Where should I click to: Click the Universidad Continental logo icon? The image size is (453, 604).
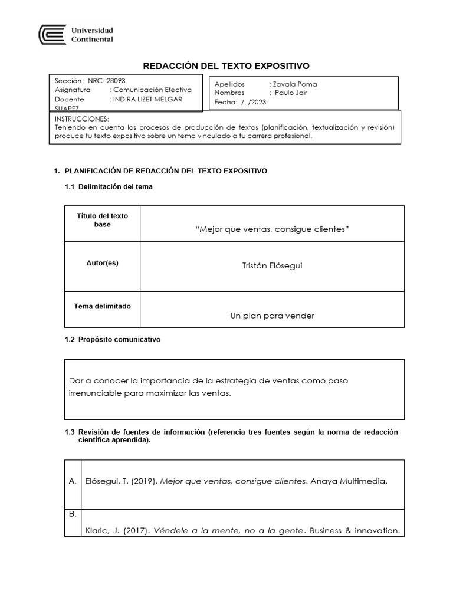[x=51, y=34]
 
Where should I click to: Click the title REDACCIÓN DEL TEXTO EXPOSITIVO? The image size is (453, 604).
[x=227, y=66]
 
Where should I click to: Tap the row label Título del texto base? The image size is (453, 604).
[x=102, y=220]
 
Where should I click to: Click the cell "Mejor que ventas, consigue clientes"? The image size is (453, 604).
[x=272, y=229]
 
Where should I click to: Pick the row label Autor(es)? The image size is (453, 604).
[x=102, y=263]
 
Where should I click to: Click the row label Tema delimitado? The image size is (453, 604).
[x=102, y=306]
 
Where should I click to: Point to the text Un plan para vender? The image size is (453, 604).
[x=272, y=316]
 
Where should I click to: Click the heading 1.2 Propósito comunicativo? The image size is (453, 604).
[x=112, y=340]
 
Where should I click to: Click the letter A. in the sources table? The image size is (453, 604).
[x=73, y=481]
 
